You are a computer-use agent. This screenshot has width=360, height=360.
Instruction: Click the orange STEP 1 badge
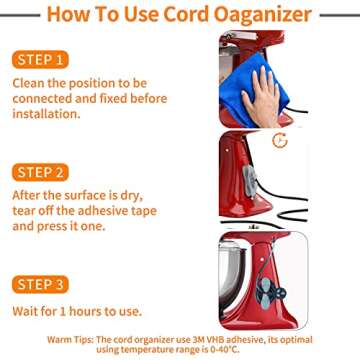point(40,60)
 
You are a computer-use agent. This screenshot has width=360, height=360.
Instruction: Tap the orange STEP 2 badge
point(40,172)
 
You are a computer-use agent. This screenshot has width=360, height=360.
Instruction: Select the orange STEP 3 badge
point(40,285)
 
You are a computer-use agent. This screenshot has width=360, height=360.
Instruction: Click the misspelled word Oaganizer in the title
point(263,15)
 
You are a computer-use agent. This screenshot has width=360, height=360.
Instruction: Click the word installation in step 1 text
point(45,114)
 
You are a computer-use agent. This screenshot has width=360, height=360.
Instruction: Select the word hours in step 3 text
point(85,311)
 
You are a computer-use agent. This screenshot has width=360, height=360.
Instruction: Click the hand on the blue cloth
point(262,97)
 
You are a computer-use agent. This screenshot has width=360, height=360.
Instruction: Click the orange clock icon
point(280,140)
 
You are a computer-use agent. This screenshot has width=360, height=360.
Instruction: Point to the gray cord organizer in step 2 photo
point(250,180)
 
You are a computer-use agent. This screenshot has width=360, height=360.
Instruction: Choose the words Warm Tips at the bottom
point(71,340)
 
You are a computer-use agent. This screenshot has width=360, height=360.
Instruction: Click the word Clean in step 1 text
point(28,83)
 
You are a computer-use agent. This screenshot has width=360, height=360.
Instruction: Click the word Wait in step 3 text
point(24,311)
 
